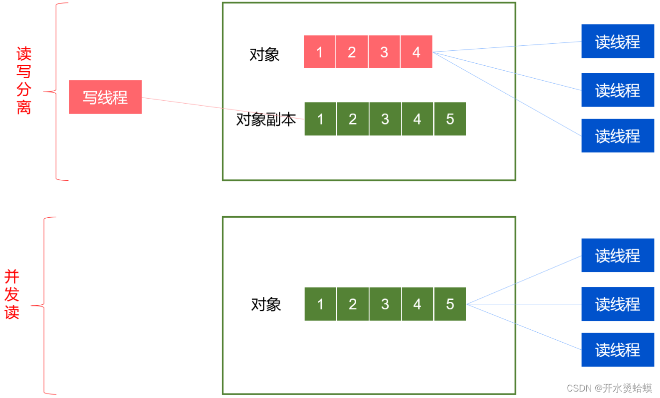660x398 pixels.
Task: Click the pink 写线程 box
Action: click(x=105, y=97)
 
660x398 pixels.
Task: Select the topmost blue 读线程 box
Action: click(x=618, y=41)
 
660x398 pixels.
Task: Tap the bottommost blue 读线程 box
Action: click(x=618, y=350)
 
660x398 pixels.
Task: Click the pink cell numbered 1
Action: click(x=319, y=52)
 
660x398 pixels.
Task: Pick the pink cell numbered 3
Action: click(x=384, y=52)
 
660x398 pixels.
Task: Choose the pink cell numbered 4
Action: click(x=417, y=52)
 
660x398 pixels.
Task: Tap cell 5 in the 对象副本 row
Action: click(x=450, y=119)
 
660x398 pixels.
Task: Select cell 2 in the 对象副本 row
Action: click(x=353, y=119)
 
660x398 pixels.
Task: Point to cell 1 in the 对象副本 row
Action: click(x=320, y=119)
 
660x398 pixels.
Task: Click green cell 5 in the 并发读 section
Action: click(x=450, y=304)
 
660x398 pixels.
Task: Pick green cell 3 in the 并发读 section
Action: click(x=385, y=304)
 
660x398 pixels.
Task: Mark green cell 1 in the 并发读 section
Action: click(x=320, y=304)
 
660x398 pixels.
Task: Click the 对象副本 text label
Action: click(x=266, y=120)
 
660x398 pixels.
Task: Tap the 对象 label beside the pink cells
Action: click(x=264, y=55)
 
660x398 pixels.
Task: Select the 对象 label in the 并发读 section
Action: click(x=266, y=304)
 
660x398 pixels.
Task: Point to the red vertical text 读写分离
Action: click(x=23, y=80)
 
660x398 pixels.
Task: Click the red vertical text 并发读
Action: click(x=12, y=294)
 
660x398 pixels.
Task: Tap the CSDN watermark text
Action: click(x=609, y=388)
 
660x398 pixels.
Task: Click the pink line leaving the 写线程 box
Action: click(x=223, y=108)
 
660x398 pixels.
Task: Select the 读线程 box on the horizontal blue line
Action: click(x=618, y=304)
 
